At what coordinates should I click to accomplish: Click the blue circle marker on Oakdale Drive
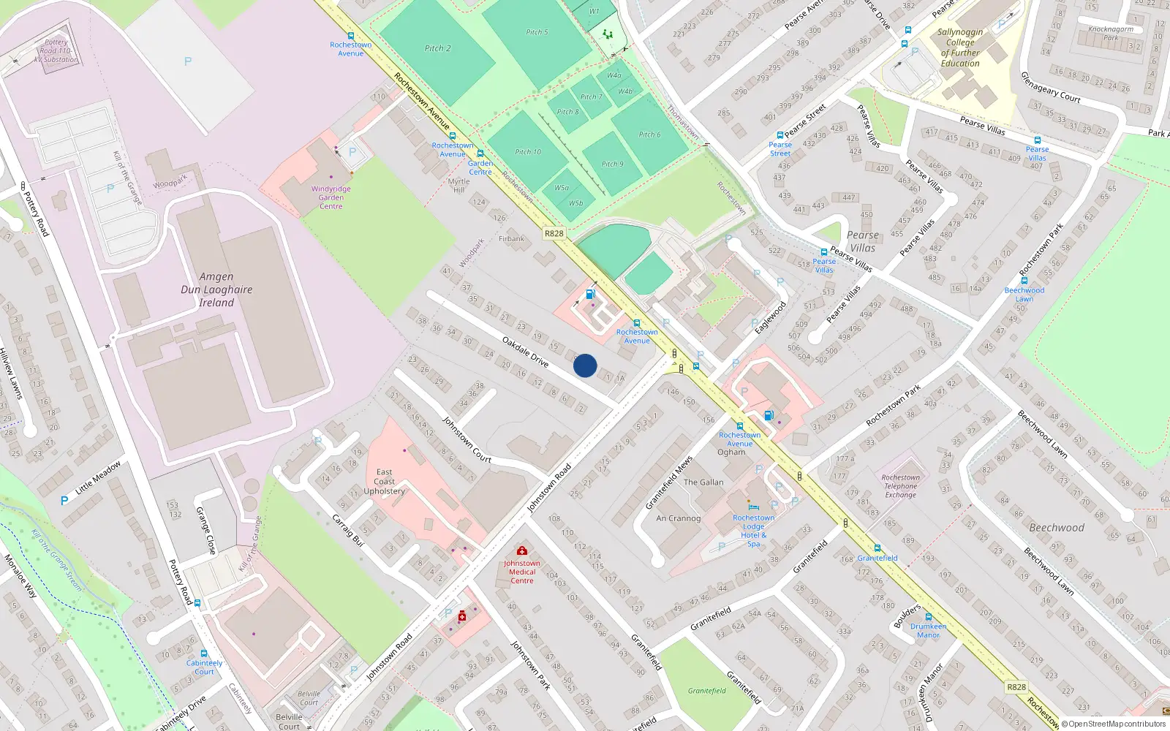click(585, 365)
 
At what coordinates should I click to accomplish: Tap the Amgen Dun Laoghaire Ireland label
click(216, 289)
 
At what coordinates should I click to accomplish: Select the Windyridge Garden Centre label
click(331, 197)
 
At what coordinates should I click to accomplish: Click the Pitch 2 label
click(437, 48)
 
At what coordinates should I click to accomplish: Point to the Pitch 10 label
click(528, 152)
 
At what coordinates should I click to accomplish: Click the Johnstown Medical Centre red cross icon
click(522, 550)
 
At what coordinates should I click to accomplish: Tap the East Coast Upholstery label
click(385, 482)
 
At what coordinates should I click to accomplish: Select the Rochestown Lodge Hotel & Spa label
click(754, 531)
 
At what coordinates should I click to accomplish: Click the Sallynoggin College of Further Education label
click(960, 48)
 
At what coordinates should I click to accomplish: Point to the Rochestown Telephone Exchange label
click(901, 486)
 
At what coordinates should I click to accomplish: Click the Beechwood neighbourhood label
click(1057, 528)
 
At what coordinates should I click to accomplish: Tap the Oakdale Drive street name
click(526, 351)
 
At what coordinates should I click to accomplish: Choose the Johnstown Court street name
click(467, 439)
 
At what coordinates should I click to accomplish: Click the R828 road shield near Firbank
click(554, 233)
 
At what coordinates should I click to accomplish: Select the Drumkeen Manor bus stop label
click(929, 631)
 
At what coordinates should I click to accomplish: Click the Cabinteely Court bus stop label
click(204, 667)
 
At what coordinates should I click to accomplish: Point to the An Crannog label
click(679, 518)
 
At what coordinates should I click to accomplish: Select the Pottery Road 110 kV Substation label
click(56, 50)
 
